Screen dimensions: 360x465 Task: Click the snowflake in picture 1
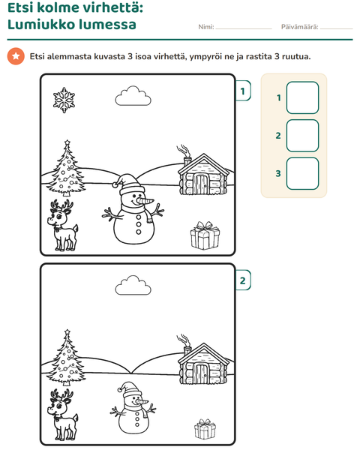click(x=64, y=100)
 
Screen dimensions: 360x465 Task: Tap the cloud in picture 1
click(x=133, y=96)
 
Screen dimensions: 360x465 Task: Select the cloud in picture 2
click(x=133, y=285)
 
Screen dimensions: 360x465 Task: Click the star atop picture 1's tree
click(x=67, y=143)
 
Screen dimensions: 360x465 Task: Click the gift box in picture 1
click(x=205, y=235)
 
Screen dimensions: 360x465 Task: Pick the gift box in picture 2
click(x=205, y=429)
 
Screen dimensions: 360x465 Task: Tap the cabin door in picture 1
click(x=201, y=184)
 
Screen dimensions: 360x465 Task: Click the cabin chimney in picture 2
click(x=187, y=351)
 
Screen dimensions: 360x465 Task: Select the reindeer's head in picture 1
click(x=59, y=214)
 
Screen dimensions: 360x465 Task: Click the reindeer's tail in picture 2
click(x=75, y=418)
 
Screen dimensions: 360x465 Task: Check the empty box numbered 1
click(x=302, y=97)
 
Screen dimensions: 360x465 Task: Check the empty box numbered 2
click(x=302, y=136)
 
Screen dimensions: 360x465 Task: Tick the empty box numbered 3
click(x=302, y=174)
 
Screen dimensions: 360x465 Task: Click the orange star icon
click(x=16, y=56)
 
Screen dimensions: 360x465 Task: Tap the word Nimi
click(x=205, y=27)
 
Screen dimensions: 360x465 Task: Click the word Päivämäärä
click(x=299, y=27)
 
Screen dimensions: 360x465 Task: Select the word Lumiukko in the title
click(x=40, y=24)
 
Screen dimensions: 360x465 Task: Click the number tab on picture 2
click(x=243, y=280)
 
